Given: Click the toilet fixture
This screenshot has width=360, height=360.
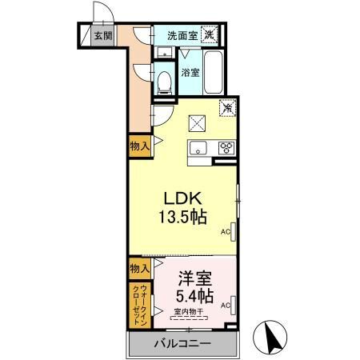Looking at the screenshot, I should tap(165, 80).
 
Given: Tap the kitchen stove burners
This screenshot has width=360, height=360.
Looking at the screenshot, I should tap(226, 146).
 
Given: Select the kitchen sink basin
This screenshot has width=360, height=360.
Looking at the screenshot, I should tap(198, 146).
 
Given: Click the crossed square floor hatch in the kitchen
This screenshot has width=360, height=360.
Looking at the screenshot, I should tap(197, 122).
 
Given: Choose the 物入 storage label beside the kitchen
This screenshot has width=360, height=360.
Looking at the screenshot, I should tap(139, 146).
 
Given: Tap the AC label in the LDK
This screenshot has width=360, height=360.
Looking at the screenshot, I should tap(225, 233).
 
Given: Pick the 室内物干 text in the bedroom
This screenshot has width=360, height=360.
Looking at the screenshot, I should tap(190, 310).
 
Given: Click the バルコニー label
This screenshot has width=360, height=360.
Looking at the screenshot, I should tap(182, 344).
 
